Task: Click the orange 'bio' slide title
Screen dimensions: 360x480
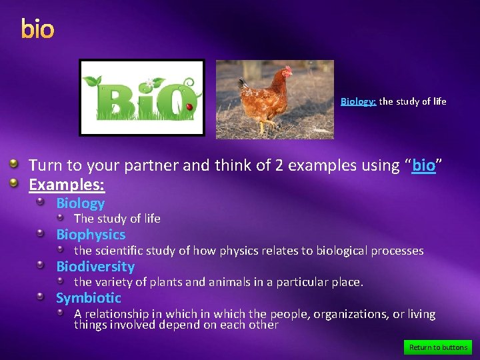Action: point(37,29)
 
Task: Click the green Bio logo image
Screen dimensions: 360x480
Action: point(141,97)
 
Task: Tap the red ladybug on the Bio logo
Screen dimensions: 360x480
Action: point(189,107)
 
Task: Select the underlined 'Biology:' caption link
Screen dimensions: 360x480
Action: point(358,102)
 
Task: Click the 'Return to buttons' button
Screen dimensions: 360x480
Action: point(438,347)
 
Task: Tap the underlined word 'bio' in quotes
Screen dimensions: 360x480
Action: point(424,165)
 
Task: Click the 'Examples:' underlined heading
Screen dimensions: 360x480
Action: point(67,183)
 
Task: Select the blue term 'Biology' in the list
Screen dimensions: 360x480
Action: point(80,203)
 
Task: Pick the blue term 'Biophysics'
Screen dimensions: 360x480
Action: point(91,235)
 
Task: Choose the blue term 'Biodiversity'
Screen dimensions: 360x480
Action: point(95,267)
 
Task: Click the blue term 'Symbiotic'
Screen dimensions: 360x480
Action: point(89,298)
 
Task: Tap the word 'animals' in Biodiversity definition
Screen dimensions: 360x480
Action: point(227,282)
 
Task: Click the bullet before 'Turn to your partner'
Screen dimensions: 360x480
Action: point(14,164)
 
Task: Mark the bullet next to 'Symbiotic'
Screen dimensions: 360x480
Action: point(41,297)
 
